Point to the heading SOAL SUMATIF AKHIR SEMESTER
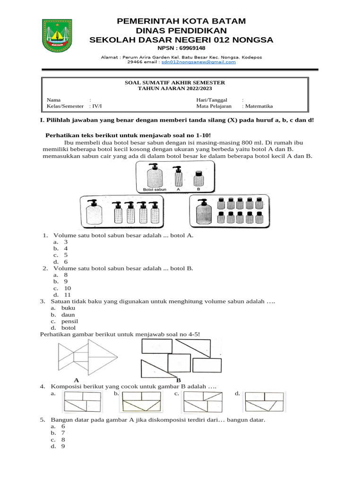[x=174, y=83]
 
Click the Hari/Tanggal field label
[x=212, y=100]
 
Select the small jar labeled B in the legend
[x=199, y=178]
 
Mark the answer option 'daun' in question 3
[x=68, y=315]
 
